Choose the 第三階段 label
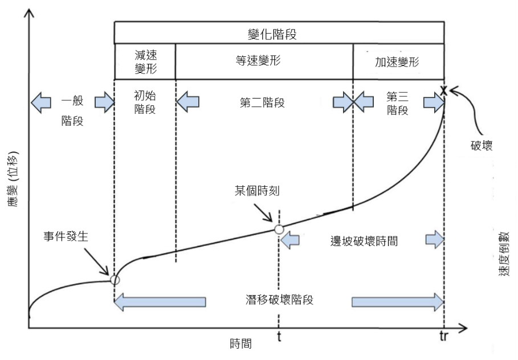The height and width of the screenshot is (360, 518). point(397,103)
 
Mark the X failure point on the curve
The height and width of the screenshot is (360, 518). point(443,90)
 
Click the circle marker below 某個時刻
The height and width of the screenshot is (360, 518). point(279,230)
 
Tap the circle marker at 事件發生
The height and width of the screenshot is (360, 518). point(115,280)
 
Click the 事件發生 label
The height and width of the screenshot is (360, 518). point(71,237)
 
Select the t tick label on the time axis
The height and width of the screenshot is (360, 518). point(279,337)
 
